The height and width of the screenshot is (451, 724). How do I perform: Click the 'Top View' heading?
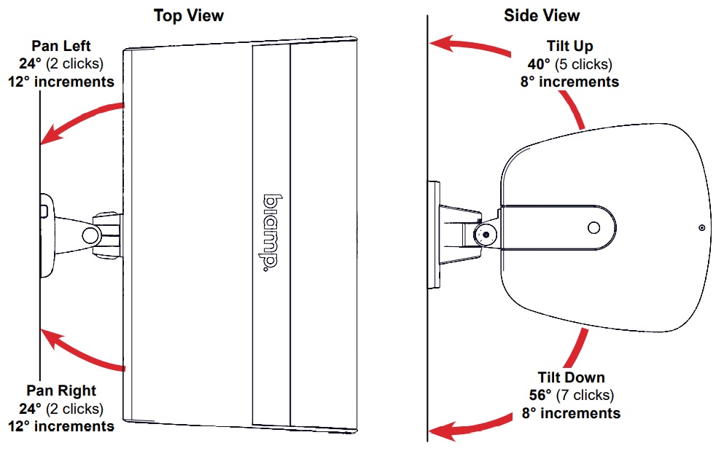coord(188,15)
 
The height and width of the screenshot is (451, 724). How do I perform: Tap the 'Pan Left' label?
coord(61,47)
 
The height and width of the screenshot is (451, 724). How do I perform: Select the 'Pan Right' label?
coord(61,391)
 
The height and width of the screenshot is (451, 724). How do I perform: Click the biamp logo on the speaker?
coord(270,231)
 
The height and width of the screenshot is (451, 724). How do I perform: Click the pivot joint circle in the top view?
coord(91,234)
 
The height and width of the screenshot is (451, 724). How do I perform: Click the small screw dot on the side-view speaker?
coord(701,228)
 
